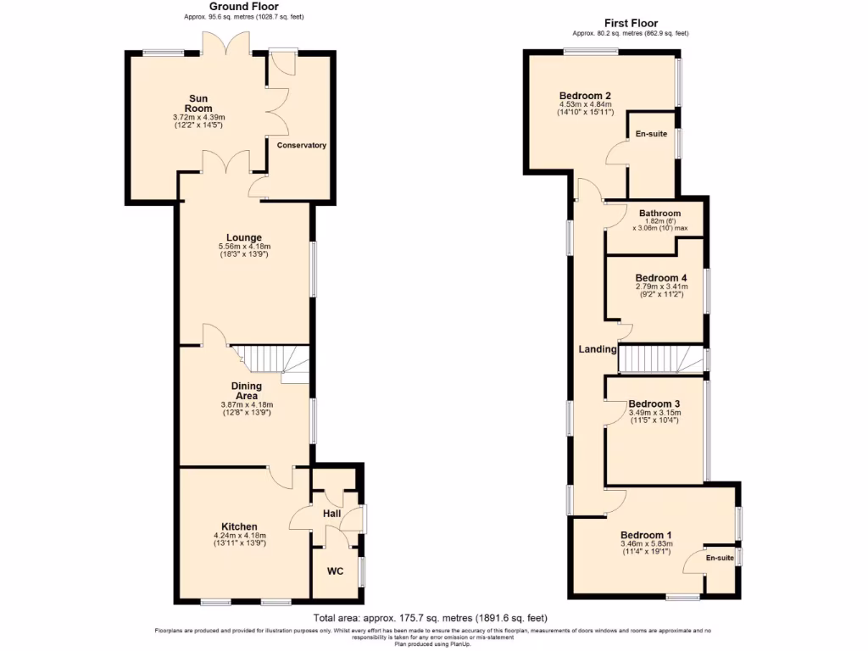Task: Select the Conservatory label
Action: click(302, 145)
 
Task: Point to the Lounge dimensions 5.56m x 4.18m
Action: click(243, 247)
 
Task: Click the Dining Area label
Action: click(247, 391)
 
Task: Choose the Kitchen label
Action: click(239, 526)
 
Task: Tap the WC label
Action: click(335, 570)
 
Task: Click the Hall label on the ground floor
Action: click(331, 513)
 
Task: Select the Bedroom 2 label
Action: click(585, 96)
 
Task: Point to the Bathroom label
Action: click(659, 214)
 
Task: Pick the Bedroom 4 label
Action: click(661, 278)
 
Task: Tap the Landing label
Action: click(597, 349)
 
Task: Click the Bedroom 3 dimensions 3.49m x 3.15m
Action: click(654, 414)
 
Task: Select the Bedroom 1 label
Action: click(646, 535)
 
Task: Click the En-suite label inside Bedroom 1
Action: click(720, 558)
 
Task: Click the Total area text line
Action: click(436, 618)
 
